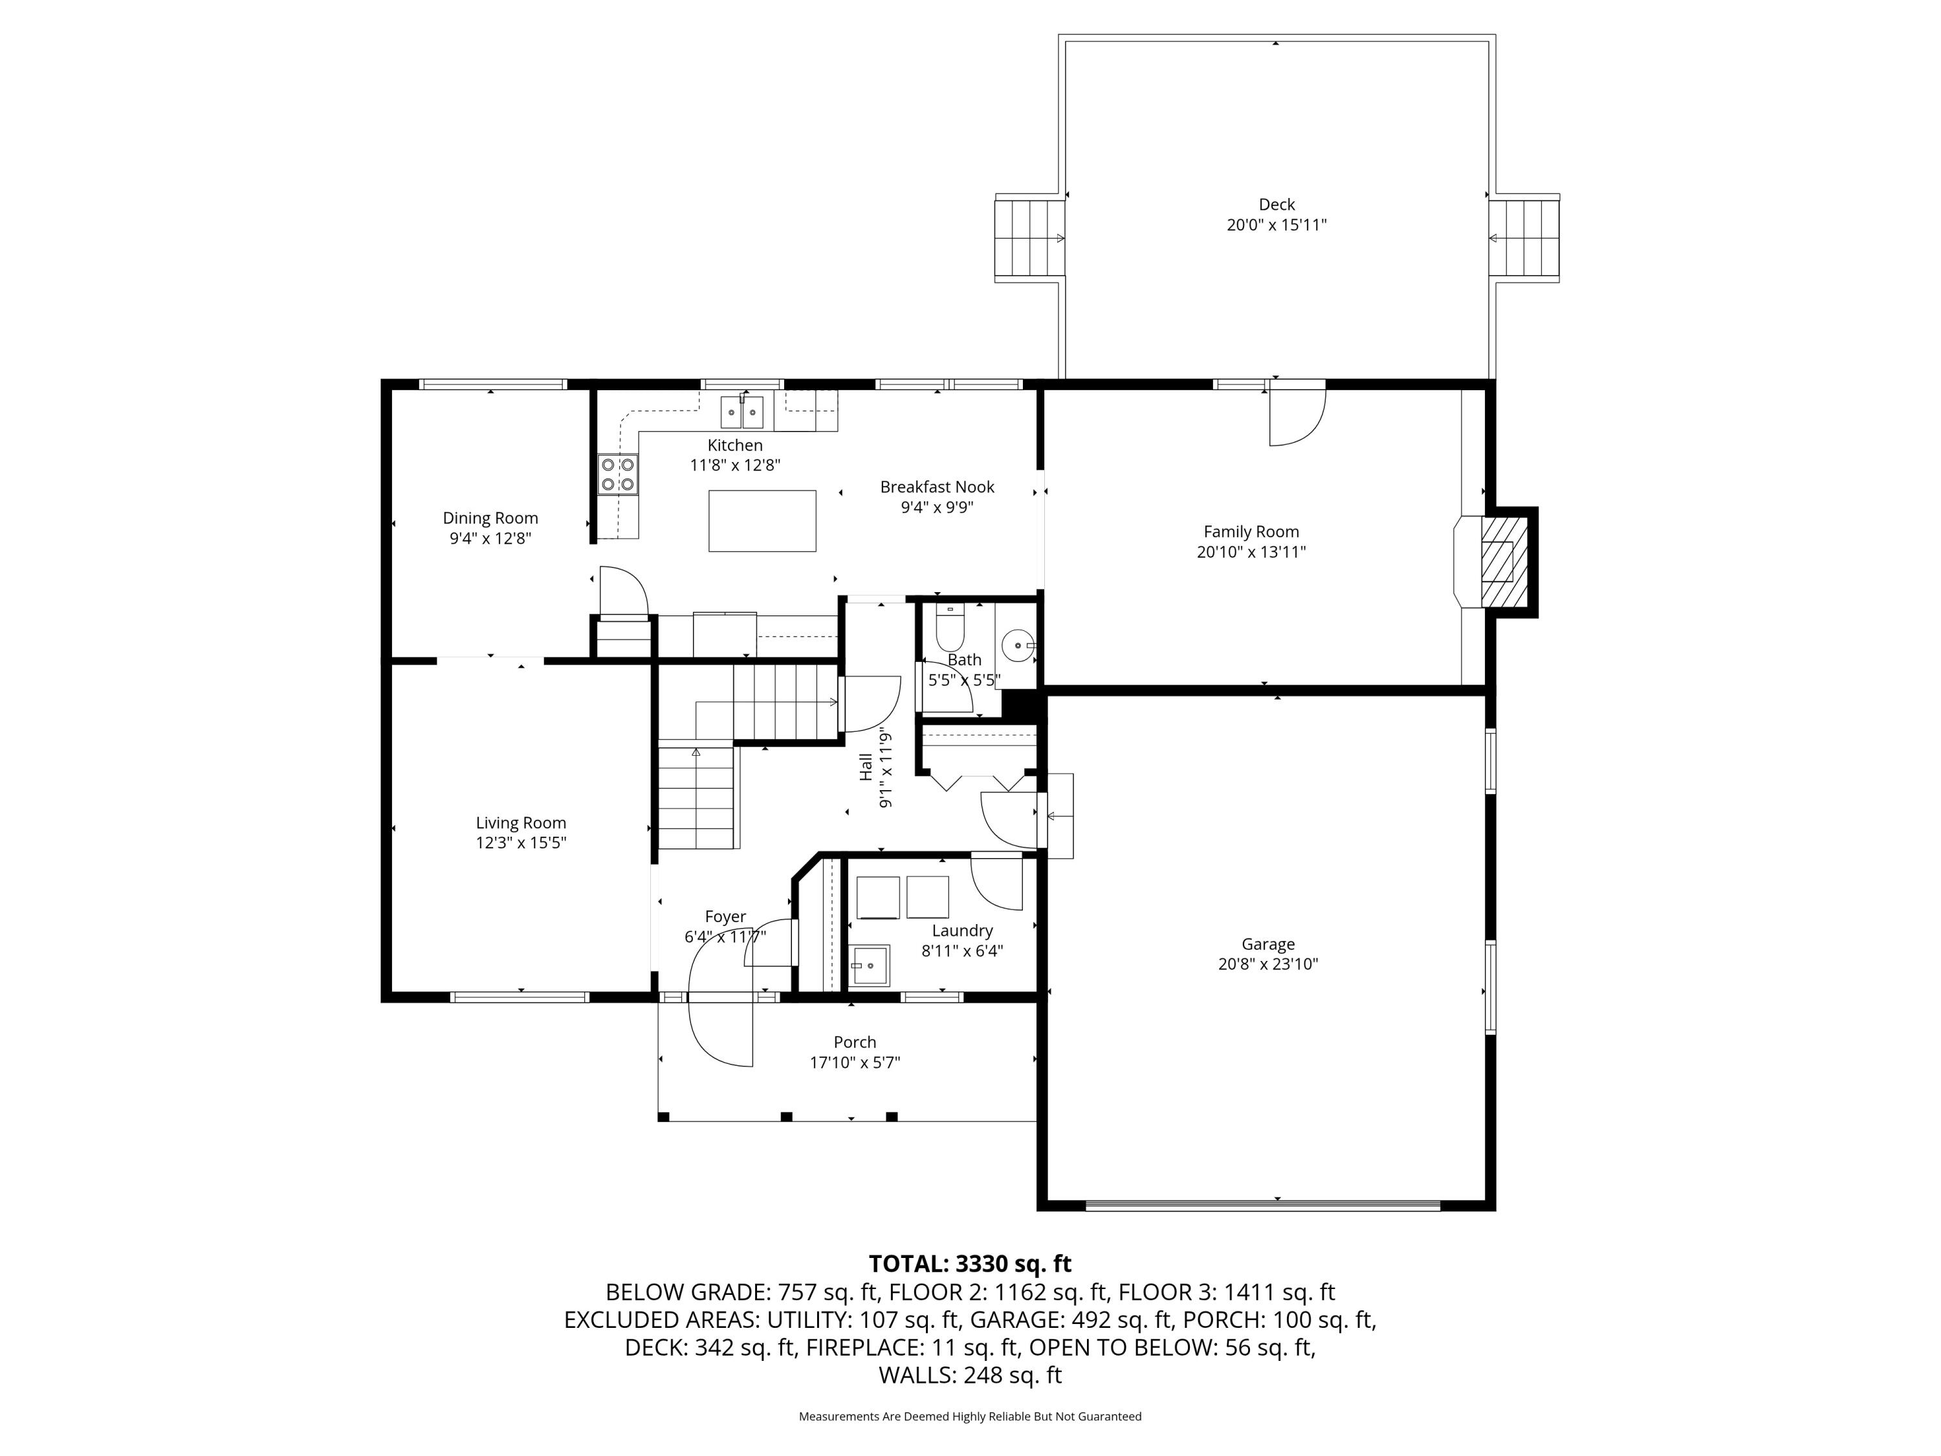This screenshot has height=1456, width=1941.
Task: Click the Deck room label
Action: point(1276,204)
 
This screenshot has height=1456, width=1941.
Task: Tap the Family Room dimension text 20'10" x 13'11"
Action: point(1251,552)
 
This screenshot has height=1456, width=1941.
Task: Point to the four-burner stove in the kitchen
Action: point(618,474)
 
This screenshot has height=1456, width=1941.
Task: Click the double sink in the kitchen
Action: point(742,412)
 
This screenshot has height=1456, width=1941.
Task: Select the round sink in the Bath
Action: point(1018,646)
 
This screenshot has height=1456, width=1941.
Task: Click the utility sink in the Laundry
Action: point(869,965)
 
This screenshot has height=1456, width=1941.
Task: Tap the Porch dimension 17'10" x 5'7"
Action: point(855,1063)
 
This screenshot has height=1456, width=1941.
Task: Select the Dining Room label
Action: point(490,518)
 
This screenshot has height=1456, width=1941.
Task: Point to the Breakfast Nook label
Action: point(937,487)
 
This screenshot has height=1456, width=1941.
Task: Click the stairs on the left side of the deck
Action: point(1029,239)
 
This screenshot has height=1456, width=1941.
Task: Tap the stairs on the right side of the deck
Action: point(1524,239)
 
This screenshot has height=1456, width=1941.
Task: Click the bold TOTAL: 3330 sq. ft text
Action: point(970,1264)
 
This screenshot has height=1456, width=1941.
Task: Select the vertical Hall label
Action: point(866,767)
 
